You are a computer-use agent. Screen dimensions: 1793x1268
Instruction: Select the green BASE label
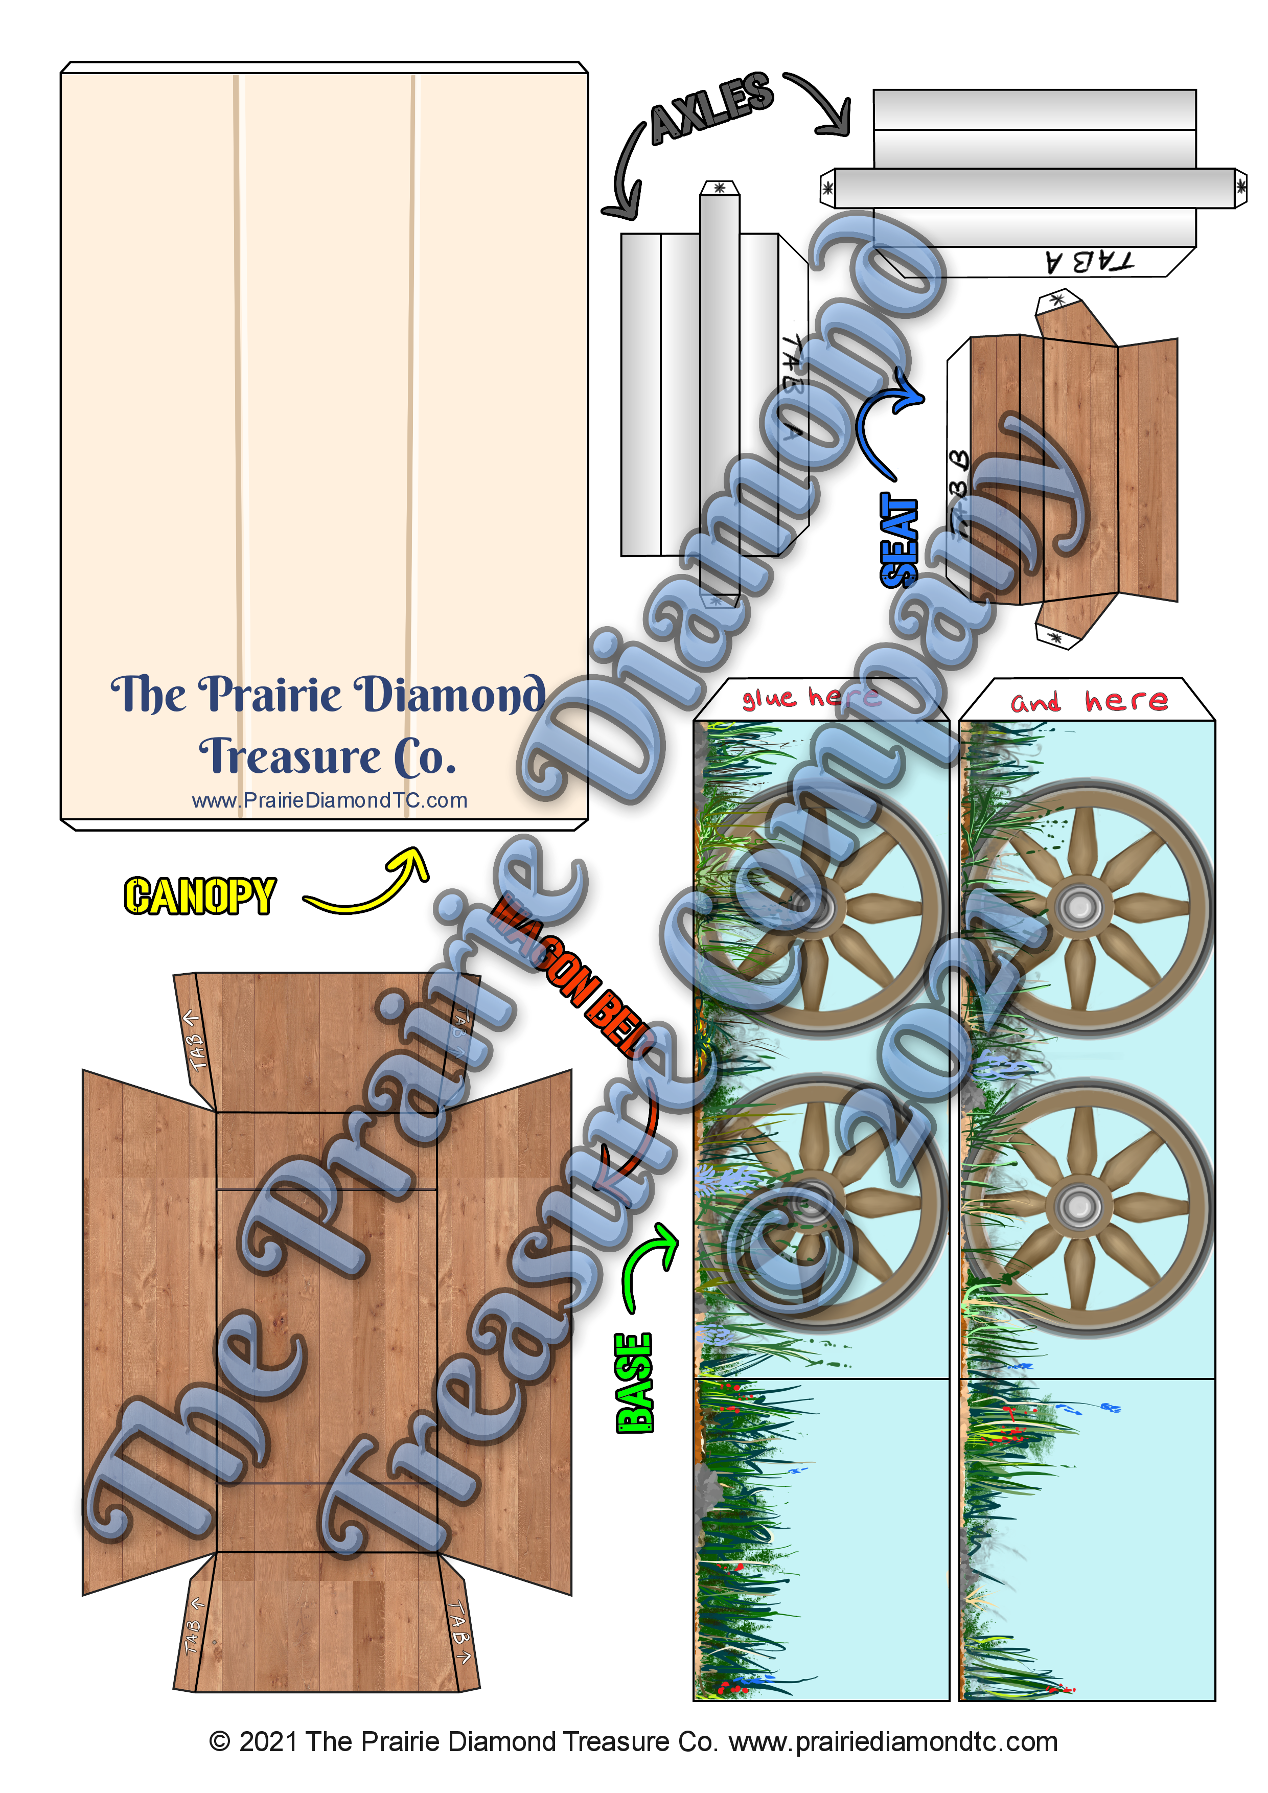pyautogui.click(x=634, y=1382)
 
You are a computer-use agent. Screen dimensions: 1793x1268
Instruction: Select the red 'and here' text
pyautogui.click(x=1089, y=701)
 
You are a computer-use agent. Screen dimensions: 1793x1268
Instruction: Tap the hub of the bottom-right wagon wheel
pyautogui.click(x=1080, y=1207)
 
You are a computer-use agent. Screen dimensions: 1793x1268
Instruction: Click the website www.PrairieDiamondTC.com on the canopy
pyautogui.click(x=330, y=800)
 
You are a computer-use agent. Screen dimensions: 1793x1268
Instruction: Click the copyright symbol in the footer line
pyautogui.click(x=220, y=1741)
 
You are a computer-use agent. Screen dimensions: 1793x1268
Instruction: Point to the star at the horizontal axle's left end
pyautogui.click(x=827, y=188)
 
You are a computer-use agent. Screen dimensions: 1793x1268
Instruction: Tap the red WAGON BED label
pyautogui.click(x=574, y=976)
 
